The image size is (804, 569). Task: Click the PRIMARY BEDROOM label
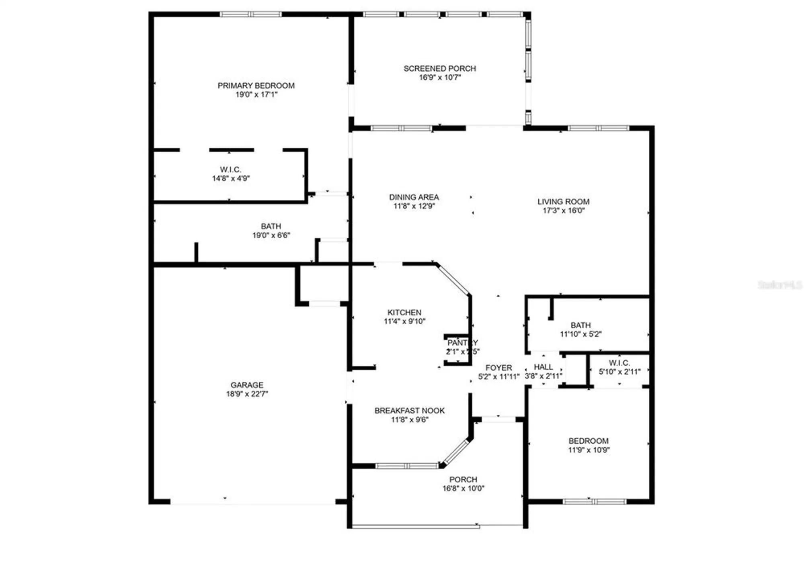(x=256, y=86)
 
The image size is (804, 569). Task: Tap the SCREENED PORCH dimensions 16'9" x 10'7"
(x=440, y=78)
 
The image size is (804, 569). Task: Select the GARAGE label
(x=246, y=385)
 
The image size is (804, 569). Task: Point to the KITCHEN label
(x=404, y=312)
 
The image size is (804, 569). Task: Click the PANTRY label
(x=462, y=343)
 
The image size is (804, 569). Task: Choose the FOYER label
(x=498, y=368)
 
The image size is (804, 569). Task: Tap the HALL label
(x=543, y=367)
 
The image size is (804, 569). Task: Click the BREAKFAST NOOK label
(x=409, y=411)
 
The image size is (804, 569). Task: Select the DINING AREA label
(x=414, y=197)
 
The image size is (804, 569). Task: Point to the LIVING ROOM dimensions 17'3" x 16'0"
(x=563, y=211)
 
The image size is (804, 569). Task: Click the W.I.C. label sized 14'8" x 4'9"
(x=230, y=170)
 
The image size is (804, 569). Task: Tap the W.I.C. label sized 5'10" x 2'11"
(x=619, y=363)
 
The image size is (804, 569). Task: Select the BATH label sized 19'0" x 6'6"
(x=271, y=226)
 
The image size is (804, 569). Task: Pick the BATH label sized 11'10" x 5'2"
(x=580, y=325)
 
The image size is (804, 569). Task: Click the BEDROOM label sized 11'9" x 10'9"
(x=588, y=441)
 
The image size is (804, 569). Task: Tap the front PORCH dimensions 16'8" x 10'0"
(x=463, y=489)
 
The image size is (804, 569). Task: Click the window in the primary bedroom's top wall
(x=250, y=14)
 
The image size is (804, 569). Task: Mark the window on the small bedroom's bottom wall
(x=594, y=501)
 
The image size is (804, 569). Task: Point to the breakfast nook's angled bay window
(x=456, y=452)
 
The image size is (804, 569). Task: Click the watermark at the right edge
(x=779, y=285)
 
